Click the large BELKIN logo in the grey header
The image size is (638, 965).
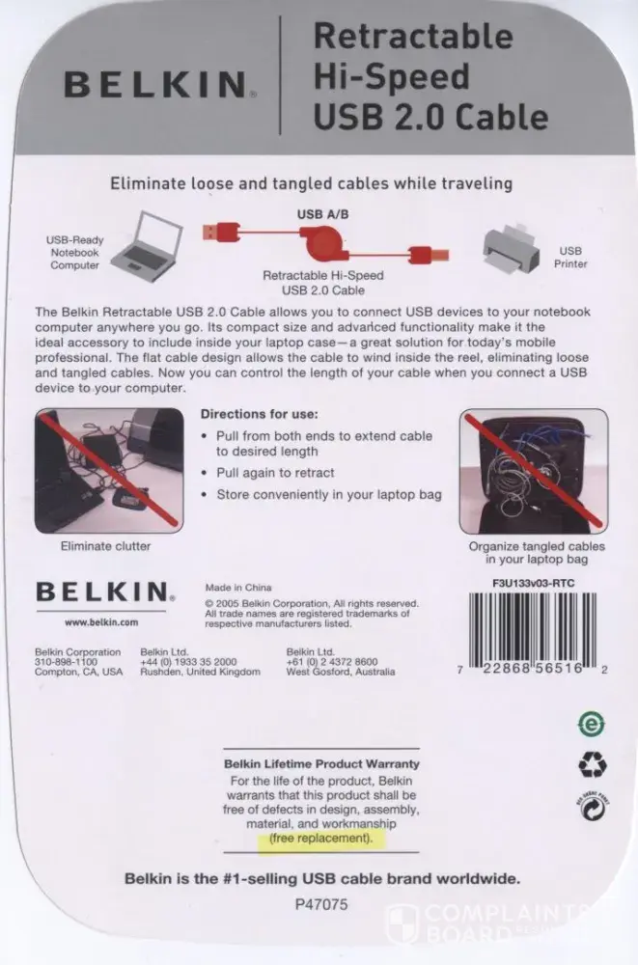pyautogui.click(x=158, y=84)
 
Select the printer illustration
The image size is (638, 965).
pyautogui.click(x=512, y=248)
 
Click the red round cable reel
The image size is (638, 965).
pyautogui.click(x=321, y=244)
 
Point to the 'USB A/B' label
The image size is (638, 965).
pyautogui.click(x=322, y=214)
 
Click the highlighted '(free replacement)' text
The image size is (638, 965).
pyautogui.click(x=320, y=839)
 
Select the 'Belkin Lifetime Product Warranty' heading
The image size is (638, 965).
pyautogui.click(x=321, y=763)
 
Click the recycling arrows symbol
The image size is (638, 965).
pyautogui.click(x=593, y=765)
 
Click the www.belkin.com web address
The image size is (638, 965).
pyautogui.click(x=101, y=622)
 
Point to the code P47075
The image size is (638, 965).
pyautogui.click(x=320, y=904)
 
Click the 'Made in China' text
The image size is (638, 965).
pyautogui.click(x=238, y=587)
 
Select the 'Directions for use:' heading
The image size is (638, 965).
pyautogui.click(x=260, y=414)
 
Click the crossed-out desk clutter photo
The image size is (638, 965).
pyautogui.click(x=109, y=471)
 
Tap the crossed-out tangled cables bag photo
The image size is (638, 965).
pyautogui.click(x=534, y=471)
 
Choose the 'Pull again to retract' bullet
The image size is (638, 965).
pyautogui.click(x=275, y=473)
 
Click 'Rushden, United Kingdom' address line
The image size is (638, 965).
pyautogui.click(x=200, y=672)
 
